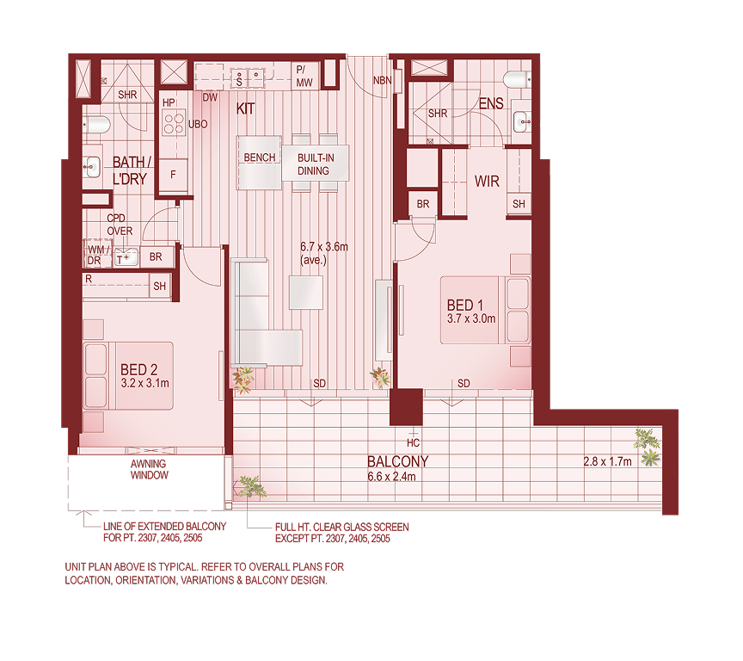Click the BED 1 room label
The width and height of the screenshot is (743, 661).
[461, 306]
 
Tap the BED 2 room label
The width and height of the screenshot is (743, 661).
[138, 371]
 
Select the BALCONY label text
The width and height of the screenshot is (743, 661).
[397, 461]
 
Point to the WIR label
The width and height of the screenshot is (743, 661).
[487, 182]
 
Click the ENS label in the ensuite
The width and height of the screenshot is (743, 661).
[491, 104]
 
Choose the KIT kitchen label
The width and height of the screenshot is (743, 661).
[246, 108]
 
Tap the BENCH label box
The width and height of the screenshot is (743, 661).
[260, 158]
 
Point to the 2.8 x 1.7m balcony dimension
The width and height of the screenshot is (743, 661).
[607, 461]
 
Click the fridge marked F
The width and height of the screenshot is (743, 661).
[174, 175]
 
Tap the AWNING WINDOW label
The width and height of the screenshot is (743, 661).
[149, 469]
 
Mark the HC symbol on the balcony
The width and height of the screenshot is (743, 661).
[414, 443]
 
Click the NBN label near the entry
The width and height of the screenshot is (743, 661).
[382, 81]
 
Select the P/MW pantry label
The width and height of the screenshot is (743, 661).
[305, 75]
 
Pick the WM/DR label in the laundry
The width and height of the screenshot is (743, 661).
[96, 254]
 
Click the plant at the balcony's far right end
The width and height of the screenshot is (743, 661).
[647, 444]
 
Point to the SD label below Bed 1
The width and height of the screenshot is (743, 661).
[464, 383]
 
